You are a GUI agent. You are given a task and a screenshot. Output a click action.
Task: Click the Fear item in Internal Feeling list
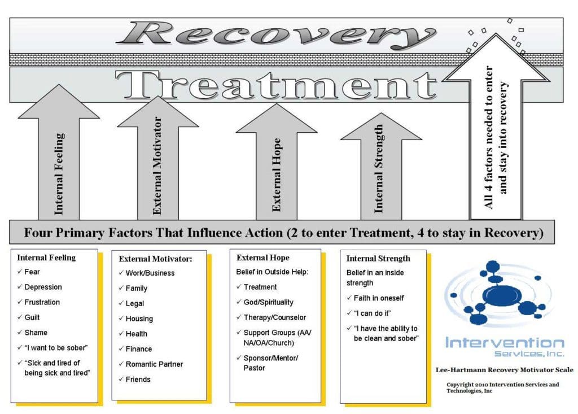tap(32, 272)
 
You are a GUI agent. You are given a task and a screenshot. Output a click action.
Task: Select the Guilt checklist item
tap(32, 317)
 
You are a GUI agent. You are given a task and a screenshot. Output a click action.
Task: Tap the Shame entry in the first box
tap(36, 332)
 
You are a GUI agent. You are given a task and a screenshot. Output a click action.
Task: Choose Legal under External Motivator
tap(134, 303)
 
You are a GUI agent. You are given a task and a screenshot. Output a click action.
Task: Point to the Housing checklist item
tap(139, 319)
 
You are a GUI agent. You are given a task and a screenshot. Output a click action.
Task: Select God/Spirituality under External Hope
tap(268, 302)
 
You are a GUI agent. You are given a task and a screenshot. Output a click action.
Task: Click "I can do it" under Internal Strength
tap(370, 313)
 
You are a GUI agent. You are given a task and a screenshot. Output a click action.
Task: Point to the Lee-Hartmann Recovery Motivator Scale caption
tap(504, 370)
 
